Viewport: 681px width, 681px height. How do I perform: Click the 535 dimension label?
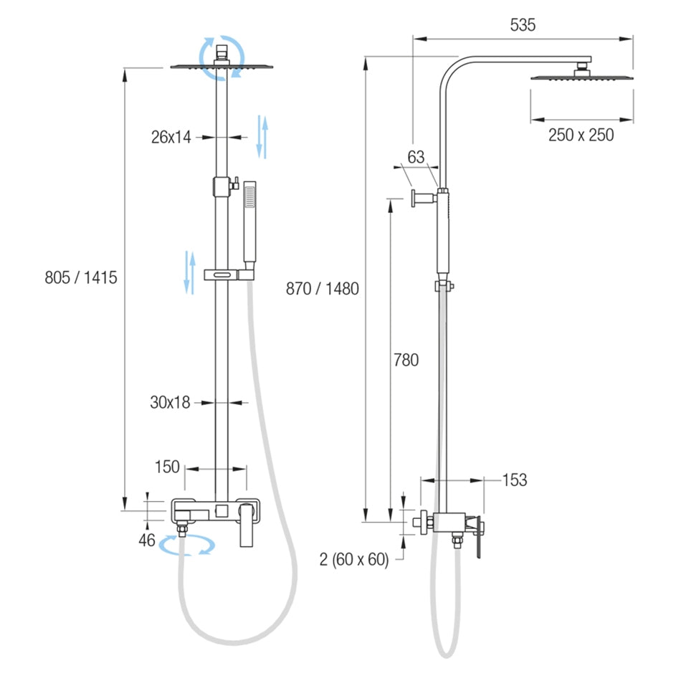523,25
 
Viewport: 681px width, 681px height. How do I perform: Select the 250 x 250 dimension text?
581,135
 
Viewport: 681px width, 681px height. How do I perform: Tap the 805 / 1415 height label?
81,277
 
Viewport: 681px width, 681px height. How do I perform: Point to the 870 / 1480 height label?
323,289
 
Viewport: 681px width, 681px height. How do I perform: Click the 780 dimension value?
406,360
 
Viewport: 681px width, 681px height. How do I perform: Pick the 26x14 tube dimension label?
171,137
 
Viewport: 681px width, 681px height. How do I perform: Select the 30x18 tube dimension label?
171,403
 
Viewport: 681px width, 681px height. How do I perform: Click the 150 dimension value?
167,467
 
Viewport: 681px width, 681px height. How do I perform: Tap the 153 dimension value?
515,480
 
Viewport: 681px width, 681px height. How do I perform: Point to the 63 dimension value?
416,157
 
